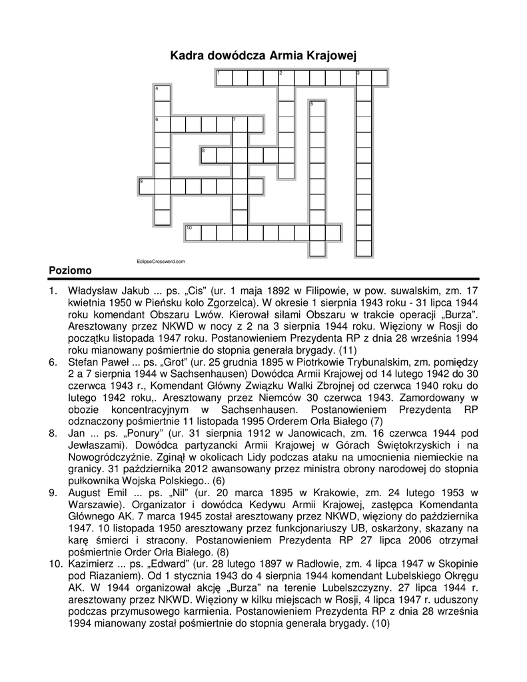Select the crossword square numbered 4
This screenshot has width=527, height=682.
pyautogui.click(x=161, y=93)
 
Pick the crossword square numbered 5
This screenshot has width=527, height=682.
pyautogui.click(x=317, y=109)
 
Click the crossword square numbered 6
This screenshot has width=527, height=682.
pyautogui.click(x=161, y=124)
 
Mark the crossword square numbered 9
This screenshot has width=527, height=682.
pyautogui.click(x=146, y=186)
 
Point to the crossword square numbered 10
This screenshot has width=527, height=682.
pyautogui.click(x=193, y=232)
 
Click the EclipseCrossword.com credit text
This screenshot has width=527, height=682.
pyautogui.click(x=160, y=262)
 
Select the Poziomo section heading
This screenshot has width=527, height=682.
pyautogui.click(x=70, y=270)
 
